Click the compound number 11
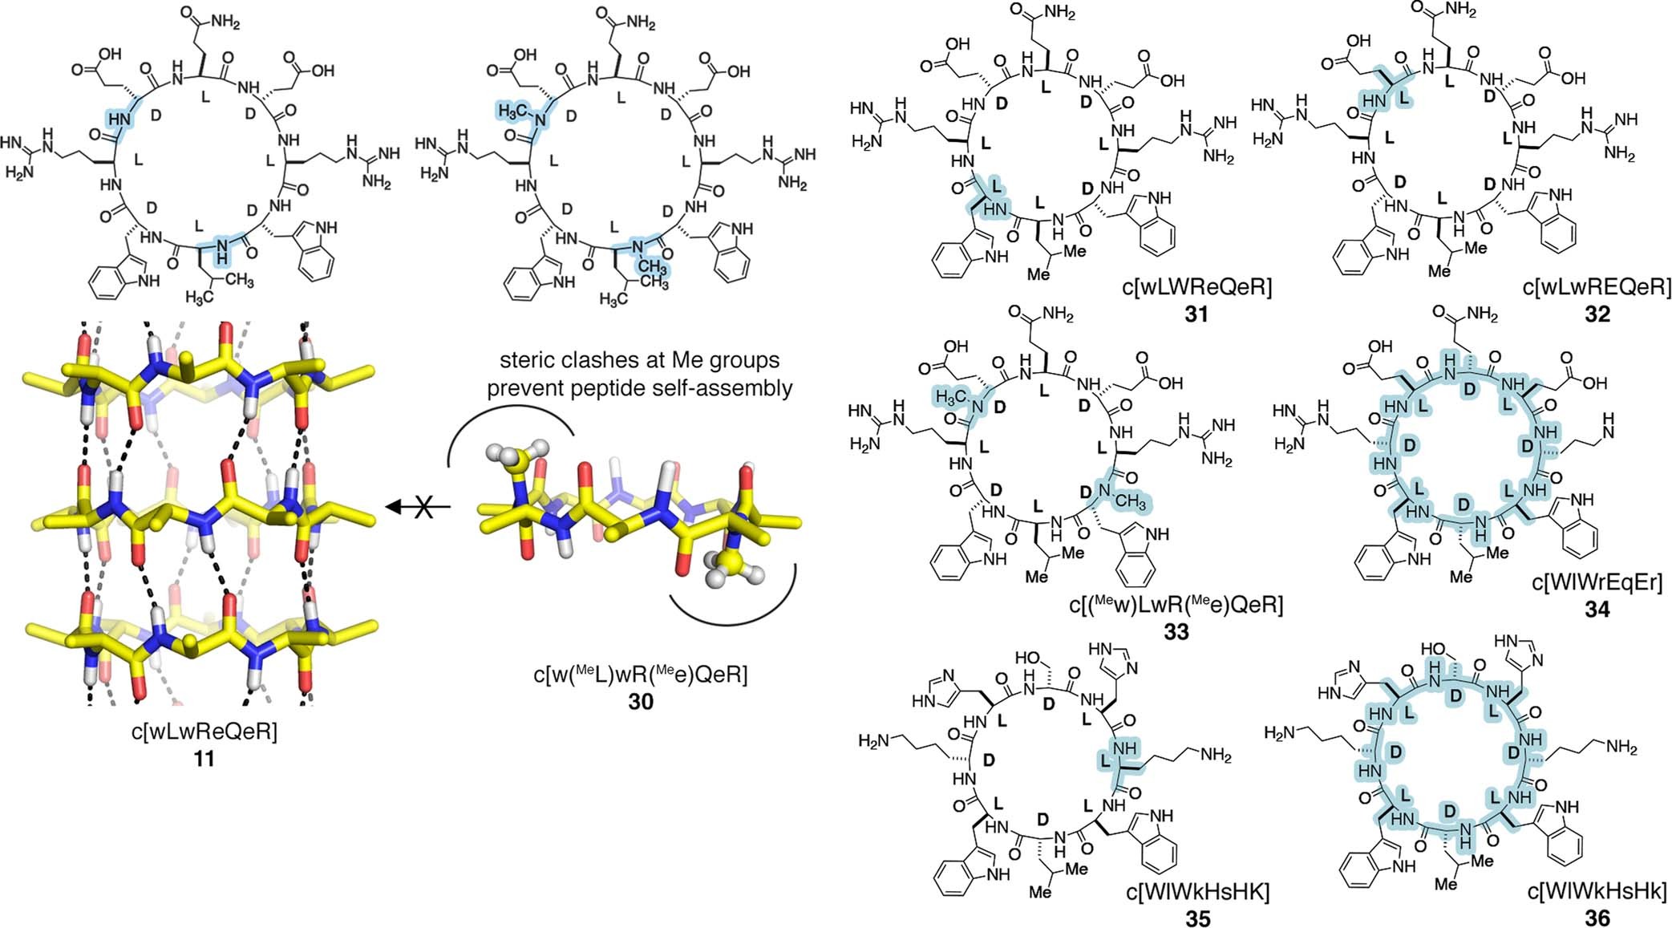[x=204, y=758]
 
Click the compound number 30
[x=641, y=702]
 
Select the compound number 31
[x=1196, y=314]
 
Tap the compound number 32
[x=1597, y=314]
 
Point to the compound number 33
[x=1176, y=632]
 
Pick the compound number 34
[x=1597, y=610]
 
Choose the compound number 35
[x=1197, y=918]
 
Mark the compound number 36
[x=1597, y=918]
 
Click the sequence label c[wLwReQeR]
[x=204, y=731]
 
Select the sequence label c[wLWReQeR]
[x=1196, y=286]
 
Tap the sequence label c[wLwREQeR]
[x=1597, y=286]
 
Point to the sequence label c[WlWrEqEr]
[x=1597, y=582]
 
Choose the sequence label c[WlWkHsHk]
[x=1597, y=891]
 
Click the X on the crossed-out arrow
[x=423, y=507]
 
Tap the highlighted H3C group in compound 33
[x=951, y=396]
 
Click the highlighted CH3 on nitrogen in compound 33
[x=1129, y=502]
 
